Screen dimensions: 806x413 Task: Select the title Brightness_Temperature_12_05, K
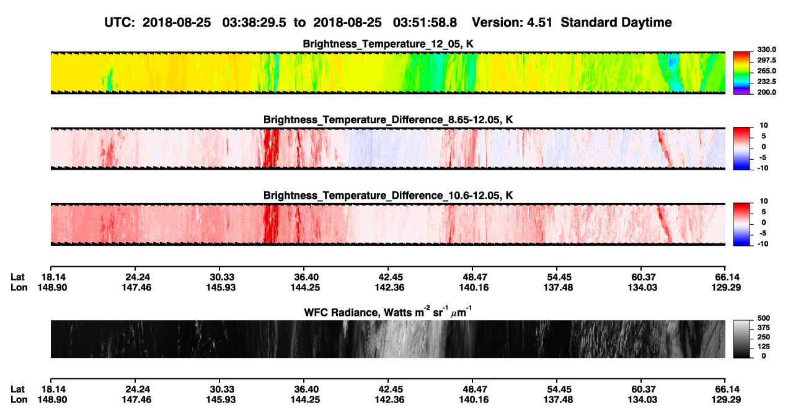[x=388, y=44]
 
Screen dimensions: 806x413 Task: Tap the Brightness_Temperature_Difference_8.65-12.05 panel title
[x=388, y=120]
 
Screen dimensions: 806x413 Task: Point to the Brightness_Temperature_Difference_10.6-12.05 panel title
[x=388, y=196]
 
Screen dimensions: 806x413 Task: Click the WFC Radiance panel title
[x=388, y=312]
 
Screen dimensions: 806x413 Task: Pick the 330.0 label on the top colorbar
[x=766, y=50]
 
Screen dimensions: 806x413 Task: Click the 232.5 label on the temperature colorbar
[x=766, y=82]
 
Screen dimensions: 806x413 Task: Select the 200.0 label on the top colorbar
[x=766, y=92]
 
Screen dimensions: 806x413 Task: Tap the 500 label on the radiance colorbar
[x=764, y=318]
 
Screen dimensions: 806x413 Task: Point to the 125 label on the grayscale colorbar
[x=764, y=347]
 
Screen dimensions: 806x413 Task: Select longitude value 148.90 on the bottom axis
[x=52, y=400]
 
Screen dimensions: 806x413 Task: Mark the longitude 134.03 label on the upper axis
[x=642, y=287]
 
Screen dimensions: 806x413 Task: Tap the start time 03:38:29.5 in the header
[x=254, y=23]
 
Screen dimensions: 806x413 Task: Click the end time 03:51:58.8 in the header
[x=425, y=23]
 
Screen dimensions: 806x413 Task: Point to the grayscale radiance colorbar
[x=742, y=339]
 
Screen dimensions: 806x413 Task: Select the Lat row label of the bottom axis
[x=17, y=389]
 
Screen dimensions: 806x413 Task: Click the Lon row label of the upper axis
[x=19, y=287]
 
